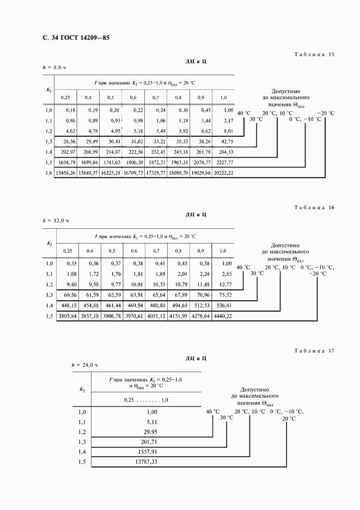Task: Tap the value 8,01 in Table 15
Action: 227,131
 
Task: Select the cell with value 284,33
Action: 224,151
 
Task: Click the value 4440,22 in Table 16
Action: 222,315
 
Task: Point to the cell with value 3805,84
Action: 68,315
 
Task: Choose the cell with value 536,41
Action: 224,305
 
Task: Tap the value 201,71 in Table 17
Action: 148,442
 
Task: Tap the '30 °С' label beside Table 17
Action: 226,418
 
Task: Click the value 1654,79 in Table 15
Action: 68,162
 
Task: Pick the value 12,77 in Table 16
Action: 225,284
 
